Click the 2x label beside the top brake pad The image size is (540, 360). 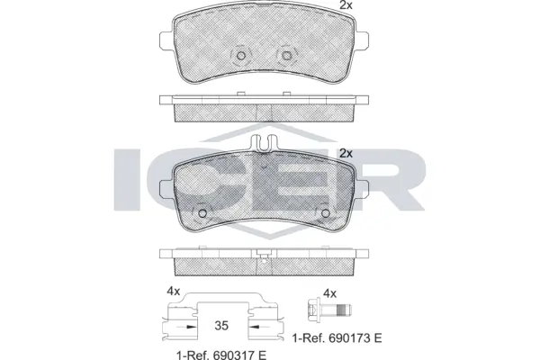click(x=346, y=5)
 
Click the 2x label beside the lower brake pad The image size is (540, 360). click(x=346, y=153)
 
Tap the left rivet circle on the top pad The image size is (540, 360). click(x=241, y=56)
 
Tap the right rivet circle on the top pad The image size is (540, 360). click(x=286, y=56)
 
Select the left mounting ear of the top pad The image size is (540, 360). click(x=166, y=40)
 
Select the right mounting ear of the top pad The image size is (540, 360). click(x=363, y=40)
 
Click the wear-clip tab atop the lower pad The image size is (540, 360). click(x=264, y=142)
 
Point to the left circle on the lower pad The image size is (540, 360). click(x=202, y=213)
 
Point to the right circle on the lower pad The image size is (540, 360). click(x=326, y=213)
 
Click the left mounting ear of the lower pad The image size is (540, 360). click(x=166, y=189)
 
